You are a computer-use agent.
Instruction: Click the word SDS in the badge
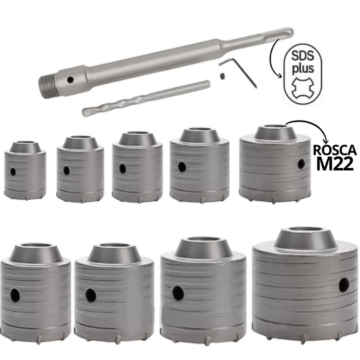coord(303,56)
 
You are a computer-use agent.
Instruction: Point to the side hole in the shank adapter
coord(70,80)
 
